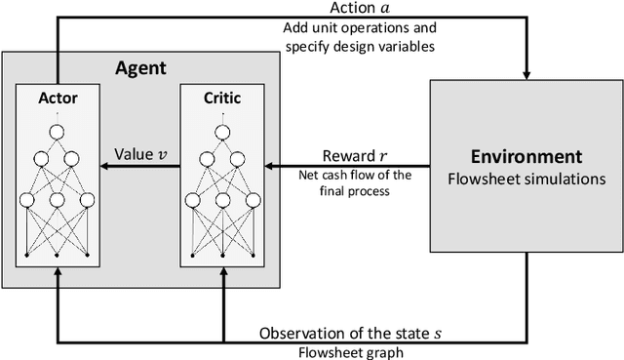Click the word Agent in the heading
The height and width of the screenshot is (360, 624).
click(141, 70)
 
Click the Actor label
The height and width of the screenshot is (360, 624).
click(58, 100)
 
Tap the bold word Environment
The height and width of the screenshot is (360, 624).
click(527, 157)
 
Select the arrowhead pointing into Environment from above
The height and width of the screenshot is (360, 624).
click(526, 72)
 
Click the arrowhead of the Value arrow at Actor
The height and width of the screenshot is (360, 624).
click(105, 167)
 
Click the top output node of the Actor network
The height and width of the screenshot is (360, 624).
click(58, 117)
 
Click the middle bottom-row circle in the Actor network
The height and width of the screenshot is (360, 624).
click(58, 200)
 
